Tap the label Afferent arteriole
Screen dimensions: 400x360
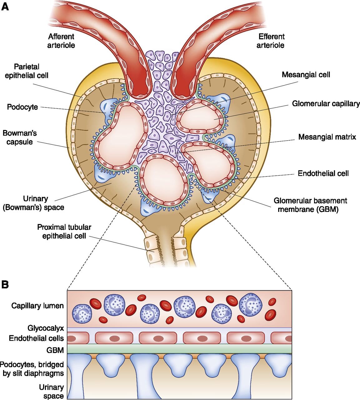point(61,41)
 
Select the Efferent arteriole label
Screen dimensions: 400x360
point(271,41)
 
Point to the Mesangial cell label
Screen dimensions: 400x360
point(306,75)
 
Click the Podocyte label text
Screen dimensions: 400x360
point(22,107)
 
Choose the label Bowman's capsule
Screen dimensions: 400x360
point(20,137)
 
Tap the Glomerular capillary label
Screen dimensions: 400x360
point(326,103)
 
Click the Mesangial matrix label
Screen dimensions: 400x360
point(327,137)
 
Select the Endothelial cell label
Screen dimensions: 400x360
point(323,173)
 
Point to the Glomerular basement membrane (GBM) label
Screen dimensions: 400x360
point(310,205)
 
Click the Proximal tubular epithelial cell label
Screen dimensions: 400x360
point(64,232)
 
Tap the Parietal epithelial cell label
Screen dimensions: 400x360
point(27,71)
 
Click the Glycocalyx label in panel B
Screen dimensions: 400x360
point(46,328)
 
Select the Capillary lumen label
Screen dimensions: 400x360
point(37,306)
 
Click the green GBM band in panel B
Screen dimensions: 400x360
point(179,349)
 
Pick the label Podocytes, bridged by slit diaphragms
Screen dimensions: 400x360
point(32,369)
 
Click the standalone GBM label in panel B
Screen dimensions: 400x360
point(55,350)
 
